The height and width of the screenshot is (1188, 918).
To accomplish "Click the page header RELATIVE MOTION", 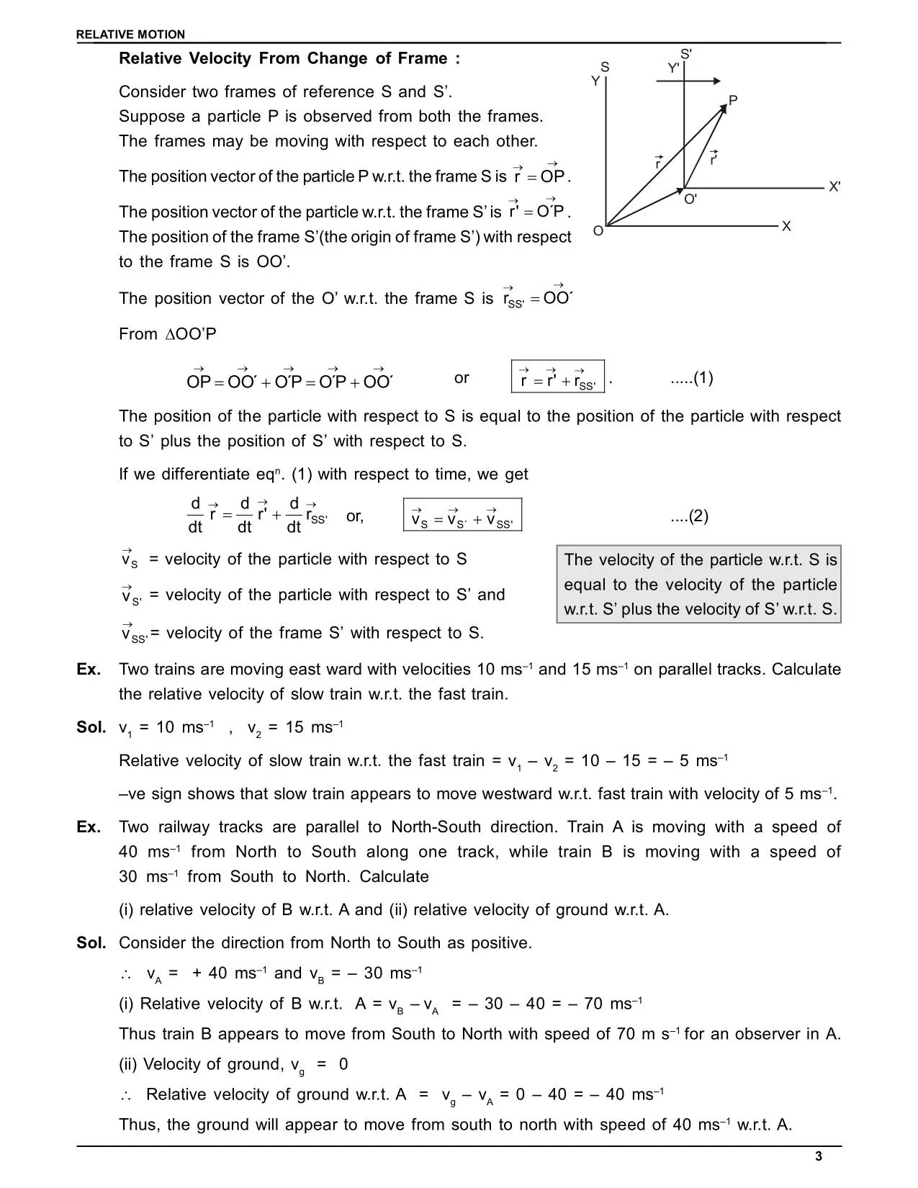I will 130,35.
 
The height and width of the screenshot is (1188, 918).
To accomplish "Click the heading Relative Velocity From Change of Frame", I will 289,59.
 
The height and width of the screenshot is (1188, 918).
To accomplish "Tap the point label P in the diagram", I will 733,100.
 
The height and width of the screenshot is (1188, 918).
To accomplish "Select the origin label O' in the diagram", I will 690,199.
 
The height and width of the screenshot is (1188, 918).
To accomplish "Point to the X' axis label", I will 834,186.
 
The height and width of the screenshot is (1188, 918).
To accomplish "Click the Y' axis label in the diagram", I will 673,68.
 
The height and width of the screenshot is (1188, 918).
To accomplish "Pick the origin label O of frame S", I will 598,231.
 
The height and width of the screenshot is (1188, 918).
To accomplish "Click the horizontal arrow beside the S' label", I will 689,81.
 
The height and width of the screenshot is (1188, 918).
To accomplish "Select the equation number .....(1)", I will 691,379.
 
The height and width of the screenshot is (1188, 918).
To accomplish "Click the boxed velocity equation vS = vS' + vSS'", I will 462,516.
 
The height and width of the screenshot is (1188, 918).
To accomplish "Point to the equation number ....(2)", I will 689,516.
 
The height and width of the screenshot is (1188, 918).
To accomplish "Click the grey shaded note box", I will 699,584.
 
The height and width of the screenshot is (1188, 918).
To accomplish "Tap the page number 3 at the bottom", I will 818,1157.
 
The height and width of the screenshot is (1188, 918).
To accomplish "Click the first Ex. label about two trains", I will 89,670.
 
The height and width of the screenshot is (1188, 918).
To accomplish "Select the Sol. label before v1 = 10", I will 91,727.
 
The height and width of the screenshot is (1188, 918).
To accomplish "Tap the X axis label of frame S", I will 786,226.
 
